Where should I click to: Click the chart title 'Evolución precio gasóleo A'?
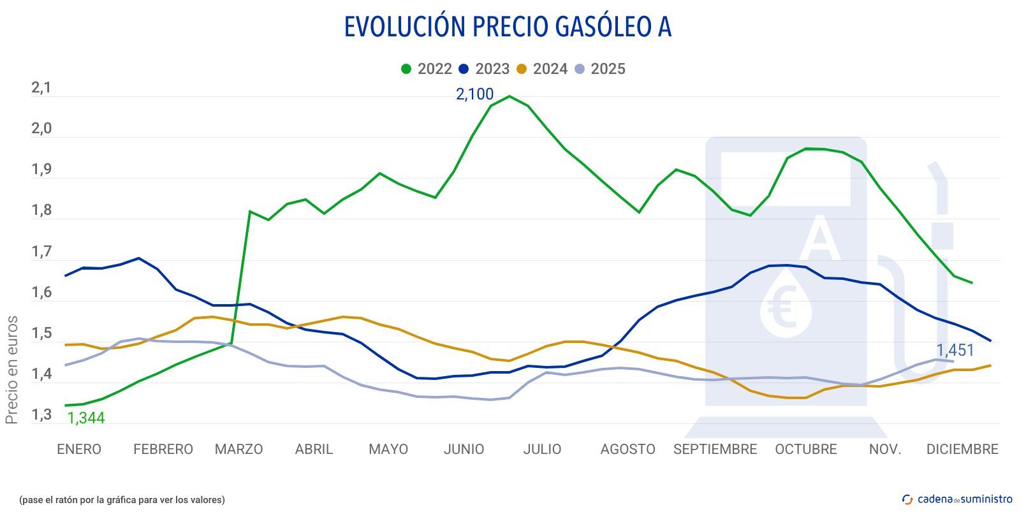coord(508,27)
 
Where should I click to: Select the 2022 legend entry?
coord(427,69)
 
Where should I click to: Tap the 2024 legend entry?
coord(542,69)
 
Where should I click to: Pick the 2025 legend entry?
coord(600,69)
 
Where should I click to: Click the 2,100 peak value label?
coord(474,94)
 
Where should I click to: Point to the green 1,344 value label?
coord(86,418)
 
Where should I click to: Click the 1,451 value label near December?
coord(955,350)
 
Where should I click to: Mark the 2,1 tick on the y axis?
coord(41,88)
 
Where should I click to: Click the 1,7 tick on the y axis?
coord(41,252)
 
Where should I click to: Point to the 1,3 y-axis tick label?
coord(41,416)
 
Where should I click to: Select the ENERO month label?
coord(79,450)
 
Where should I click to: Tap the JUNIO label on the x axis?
coord(464,450)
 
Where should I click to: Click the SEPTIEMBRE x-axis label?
coord(715,450)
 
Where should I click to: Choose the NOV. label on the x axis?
coord(885,450)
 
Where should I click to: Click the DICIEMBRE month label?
coord(962,450)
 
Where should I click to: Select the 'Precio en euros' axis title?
coord(11,370)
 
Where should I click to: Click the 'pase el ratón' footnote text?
coord(122,500)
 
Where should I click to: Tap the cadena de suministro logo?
coord(957,499)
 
